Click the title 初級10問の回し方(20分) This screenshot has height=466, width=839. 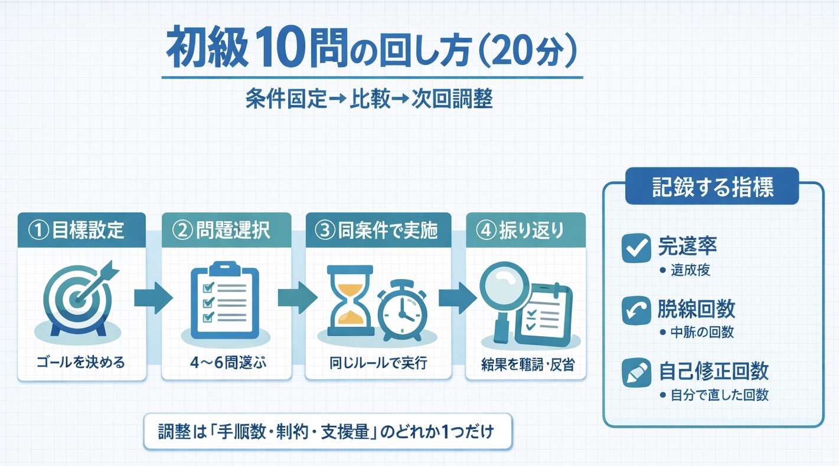coord(371,54)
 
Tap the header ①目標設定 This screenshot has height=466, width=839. coord(81,230)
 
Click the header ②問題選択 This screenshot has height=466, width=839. coord(226,230)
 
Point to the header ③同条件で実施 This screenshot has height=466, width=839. coord(378,230)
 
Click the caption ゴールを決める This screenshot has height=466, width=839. coord(81,362)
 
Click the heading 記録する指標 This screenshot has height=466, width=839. coord(713,186)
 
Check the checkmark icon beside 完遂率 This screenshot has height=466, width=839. coord(636,248)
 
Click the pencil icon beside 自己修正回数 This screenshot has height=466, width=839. coord(636,373)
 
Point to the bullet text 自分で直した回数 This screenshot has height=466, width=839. coord(720,395)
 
